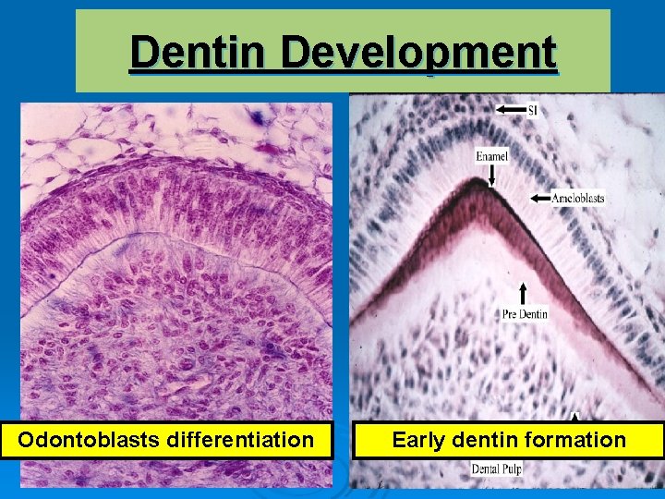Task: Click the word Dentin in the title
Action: click(x=199, y=53)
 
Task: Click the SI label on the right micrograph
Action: click(x=533, y=110)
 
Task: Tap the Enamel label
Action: click(x=492, y=156)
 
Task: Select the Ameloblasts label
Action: click(x=578, y=198)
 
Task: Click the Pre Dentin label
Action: click(x=526, y=314)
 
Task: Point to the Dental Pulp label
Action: click(x=498, y=469)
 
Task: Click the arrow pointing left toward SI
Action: click(x=510, y=109)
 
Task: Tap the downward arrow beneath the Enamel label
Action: click(x=492, y=174)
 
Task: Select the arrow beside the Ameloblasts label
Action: click(x=541, y=198)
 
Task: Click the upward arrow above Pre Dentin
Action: click(x=525, y=295)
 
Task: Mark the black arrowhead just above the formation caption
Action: click(x=574, y=417)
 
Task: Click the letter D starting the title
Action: click(x=143, y=53)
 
